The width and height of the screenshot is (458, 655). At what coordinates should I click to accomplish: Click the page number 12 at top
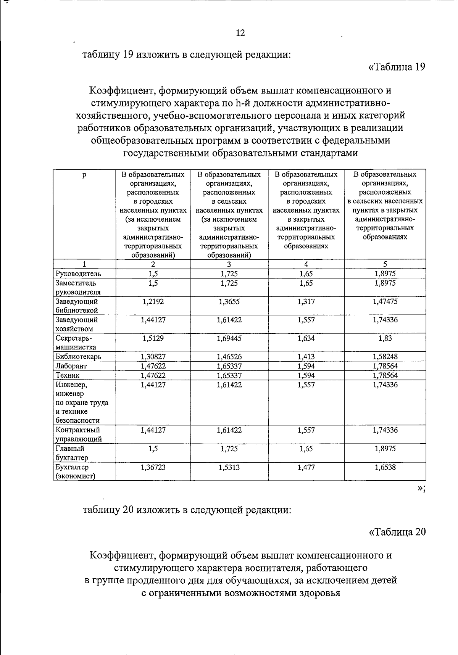point(240,33)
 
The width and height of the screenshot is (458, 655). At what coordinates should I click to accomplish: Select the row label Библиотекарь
point(78,357)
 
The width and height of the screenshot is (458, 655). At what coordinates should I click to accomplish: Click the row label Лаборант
point(71,366)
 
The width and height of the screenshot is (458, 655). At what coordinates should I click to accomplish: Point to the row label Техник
point(68,375)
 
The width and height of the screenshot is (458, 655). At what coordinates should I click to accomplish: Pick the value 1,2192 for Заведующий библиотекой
point(153,301)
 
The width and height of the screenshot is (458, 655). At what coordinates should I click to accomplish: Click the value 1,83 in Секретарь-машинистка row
point(385,338)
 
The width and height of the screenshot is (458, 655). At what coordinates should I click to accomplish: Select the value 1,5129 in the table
point(153,338)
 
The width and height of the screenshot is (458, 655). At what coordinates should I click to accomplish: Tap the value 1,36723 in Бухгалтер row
point(153,467)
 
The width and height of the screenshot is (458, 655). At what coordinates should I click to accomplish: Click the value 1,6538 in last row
point(385,467)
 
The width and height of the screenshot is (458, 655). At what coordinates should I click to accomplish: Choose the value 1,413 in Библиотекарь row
point(306,357)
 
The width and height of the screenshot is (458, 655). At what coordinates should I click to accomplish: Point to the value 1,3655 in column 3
point(229,301)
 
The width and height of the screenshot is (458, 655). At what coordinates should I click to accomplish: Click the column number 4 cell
point(306,264)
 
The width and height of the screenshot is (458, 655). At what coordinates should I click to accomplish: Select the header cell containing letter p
point(84,175)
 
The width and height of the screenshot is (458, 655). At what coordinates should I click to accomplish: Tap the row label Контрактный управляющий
point(78,434)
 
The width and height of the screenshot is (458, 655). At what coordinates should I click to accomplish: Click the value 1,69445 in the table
point(229,338)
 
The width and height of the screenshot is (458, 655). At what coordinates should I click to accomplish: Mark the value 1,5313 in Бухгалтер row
point(229,467)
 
